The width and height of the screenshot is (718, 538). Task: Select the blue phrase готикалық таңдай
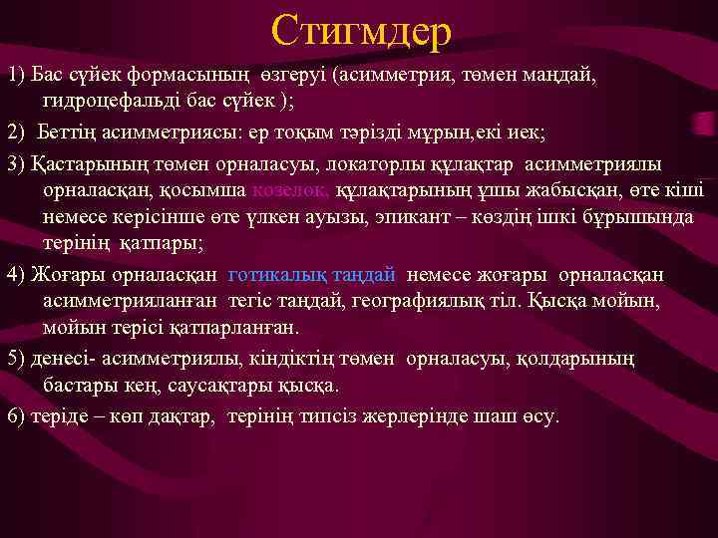[312, 274]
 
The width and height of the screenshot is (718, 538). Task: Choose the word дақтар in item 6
[177, 414]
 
